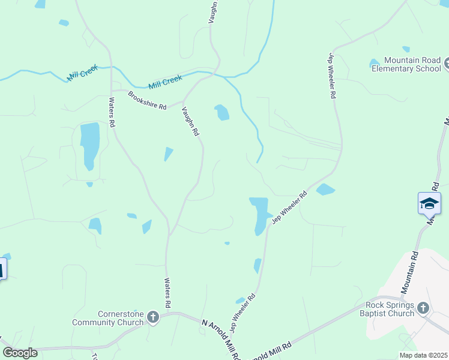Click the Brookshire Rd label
tap(147, 100)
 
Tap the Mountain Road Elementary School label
tap(406, 64)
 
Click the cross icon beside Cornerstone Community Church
tap(153, 317)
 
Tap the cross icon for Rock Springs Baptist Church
tap(423, 308)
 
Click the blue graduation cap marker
tap(429, 203)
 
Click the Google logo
tap(20, 353)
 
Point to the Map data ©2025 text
tap(423, 355)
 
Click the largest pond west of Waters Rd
tap(89, 145)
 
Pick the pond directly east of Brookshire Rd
tap(222, 112)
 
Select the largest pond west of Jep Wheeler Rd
tap(260, 214)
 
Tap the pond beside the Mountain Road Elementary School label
tap(375, 62)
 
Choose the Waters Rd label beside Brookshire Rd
tap(112, 112)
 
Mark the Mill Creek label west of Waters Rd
tap(82, 74)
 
